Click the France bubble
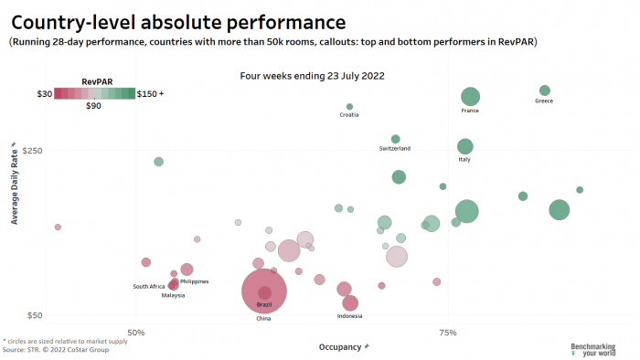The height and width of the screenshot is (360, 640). (x=470, y=97)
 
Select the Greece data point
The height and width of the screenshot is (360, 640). (x=545, y=90)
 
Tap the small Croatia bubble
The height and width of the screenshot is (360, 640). (x=349, y=107)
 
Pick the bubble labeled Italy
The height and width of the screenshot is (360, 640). (x=464, y=146)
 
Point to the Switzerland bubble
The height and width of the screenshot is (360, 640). (x=395, y=139)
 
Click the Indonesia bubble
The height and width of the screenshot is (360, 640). (x=349, y=303)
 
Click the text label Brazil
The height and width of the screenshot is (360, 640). (x=264, y=304)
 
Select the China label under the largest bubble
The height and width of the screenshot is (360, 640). (x=263, y=319)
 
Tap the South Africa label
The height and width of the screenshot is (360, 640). (x=149, y=286)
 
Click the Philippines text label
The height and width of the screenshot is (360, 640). (x=194, y=281)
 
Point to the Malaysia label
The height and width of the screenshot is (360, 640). (x=174, y=295)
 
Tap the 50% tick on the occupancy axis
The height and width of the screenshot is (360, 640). (x=135, y=333)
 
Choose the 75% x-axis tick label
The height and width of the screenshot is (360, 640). (x=448, y=333)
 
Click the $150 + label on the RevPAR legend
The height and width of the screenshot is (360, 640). (x=150, y=93)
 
